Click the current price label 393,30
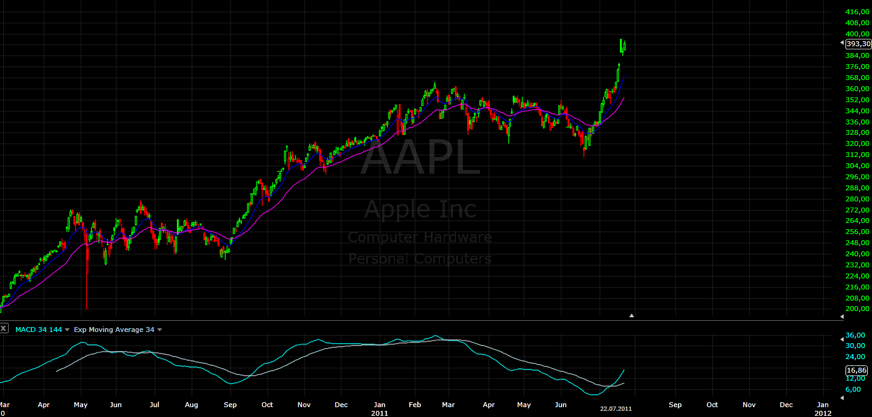coord(858,44)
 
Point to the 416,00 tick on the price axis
coord(857,12)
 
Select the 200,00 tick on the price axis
coord(857,309)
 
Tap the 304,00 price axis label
coord(857,166)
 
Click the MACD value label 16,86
coord(857,370)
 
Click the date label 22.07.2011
coord(616,408)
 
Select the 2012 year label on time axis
coord(823,413)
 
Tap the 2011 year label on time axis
coord(380,413)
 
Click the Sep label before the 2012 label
coord(675,405)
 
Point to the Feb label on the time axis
coord(415,405)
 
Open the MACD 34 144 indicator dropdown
coord(67,330)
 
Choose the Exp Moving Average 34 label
coord(114,330)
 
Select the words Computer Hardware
coord(420,237)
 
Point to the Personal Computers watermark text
coord(420,259)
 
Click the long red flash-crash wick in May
coord(86,277)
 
